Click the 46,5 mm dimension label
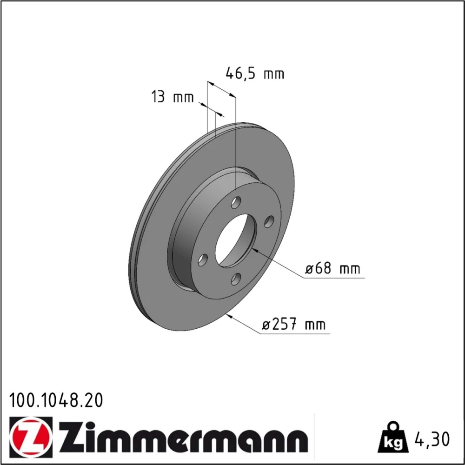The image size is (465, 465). [x=255, y=73]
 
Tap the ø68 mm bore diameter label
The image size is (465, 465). [x=333, y=268]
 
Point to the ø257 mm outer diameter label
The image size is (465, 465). [x=293, y=324]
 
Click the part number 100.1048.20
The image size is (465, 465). [x=56, y=400]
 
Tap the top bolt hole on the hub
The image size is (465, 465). [x=236, y=202]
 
